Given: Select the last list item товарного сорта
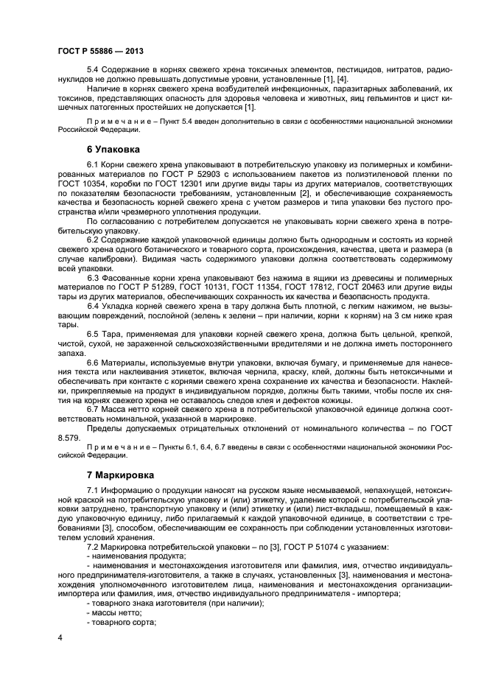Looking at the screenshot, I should (122, 623).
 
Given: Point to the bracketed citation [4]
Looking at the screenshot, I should (341, 79).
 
